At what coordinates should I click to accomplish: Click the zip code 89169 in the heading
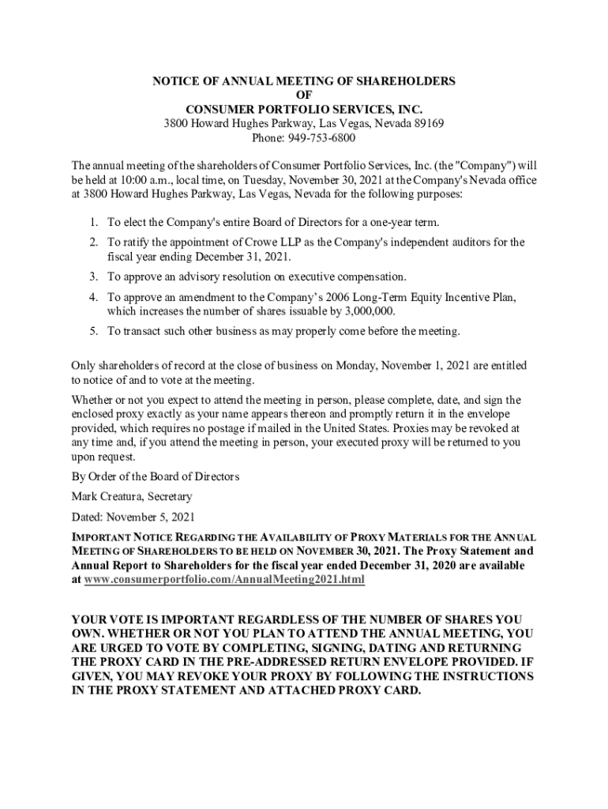click(x=427, y=123)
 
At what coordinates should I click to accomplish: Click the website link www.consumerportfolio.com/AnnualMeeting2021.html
click(x=225, y=580)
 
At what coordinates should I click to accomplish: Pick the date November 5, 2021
click(x=151, y=517)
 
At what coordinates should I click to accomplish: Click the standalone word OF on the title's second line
click(x=304, y=95)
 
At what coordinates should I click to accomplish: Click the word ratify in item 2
click(x=138, y=243)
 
